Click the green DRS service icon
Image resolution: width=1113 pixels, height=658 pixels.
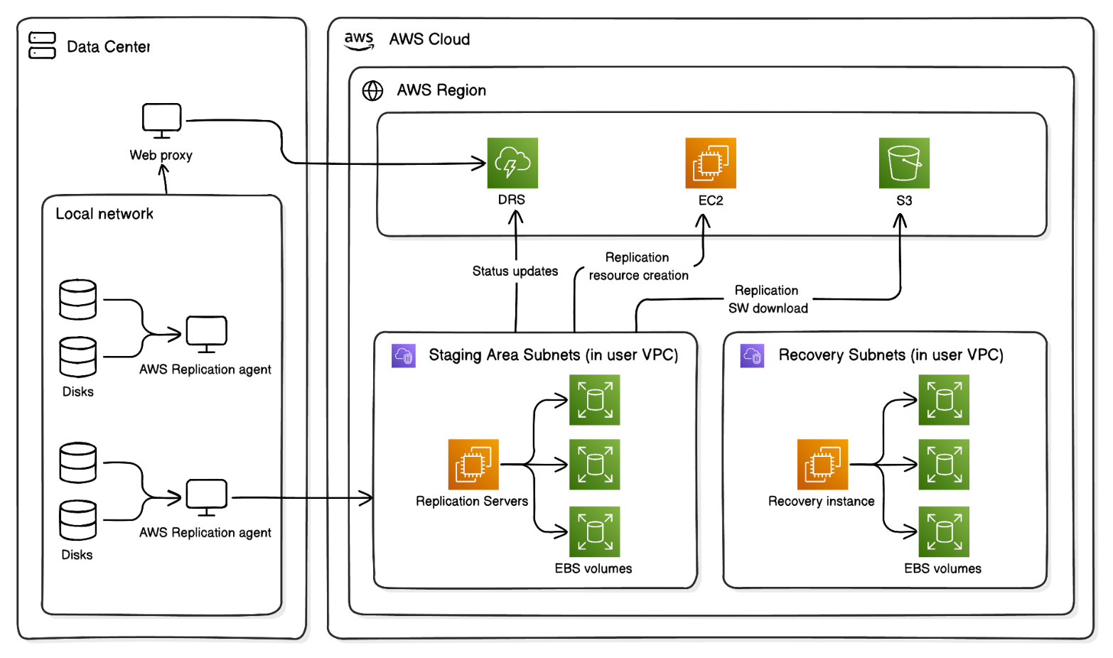point(512,163)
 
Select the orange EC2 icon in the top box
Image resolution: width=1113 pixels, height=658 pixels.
point(710,163)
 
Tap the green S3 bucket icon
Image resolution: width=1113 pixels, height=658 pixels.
point(903,163)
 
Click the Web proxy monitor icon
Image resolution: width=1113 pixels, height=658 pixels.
point(161,120)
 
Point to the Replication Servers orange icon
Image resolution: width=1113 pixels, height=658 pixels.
point(473,464)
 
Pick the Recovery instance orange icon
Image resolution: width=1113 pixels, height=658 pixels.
point(822,464)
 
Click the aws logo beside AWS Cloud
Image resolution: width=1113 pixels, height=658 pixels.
point(358,41)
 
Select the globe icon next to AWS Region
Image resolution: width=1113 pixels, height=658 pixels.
point(372,91)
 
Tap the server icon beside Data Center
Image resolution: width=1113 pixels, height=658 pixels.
point(42,45)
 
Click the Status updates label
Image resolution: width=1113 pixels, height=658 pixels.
point(515,271)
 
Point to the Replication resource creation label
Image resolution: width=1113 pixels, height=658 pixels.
point(638,266)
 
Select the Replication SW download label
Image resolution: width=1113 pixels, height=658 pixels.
point(768,299)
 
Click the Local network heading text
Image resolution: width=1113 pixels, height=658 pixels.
point(104,214)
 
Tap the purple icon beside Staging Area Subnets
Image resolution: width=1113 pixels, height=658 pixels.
point(403,355)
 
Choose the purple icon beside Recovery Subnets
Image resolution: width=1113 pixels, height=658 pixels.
point(752,355)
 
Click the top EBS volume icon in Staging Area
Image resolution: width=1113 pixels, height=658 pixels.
point(594,400)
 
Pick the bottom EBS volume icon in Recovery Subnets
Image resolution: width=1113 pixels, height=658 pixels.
point(943,531)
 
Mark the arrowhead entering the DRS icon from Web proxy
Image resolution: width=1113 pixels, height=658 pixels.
point(480,163)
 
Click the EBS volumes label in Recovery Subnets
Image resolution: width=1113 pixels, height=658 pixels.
point(942,568)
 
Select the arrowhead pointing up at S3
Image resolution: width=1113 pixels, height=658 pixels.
point(900,220)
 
